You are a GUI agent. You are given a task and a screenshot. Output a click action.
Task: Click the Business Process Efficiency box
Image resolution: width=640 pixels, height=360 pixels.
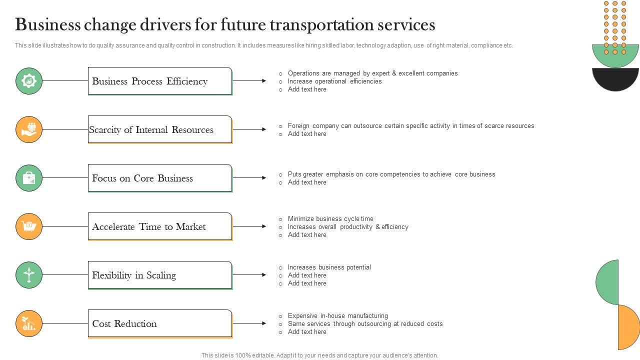click(160, 81)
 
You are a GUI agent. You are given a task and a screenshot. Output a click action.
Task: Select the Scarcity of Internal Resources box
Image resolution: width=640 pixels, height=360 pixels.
click(160, 129)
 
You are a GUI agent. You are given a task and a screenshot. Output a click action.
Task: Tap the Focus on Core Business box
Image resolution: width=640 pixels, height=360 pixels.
click(160, 178)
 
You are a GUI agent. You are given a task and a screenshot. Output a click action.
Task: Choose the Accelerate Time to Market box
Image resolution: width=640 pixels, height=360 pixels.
click(160, 226)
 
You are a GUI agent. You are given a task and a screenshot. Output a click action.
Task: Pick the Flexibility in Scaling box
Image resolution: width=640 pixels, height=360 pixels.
click(160, 275)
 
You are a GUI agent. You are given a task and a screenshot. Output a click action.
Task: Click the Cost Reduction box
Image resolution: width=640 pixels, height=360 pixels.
click(160, 323)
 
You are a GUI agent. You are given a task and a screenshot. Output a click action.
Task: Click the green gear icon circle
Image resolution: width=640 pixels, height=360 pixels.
click(29, 81)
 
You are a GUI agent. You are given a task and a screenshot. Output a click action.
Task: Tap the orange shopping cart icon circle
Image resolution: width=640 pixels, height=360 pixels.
click(29, 226)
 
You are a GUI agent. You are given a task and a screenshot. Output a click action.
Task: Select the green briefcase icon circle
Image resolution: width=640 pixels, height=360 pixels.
click(29, 178)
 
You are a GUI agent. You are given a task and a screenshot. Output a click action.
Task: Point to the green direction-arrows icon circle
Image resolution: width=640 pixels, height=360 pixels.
click(29, 275)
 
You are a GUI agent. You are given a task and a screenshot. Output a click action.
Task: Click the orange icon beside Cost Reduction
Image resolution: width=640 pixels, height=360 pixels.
click(29, 323)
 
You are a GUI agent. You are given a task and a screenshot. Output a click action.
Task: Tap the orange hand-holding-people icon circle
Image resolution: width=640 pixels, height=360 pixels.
click(29, 129)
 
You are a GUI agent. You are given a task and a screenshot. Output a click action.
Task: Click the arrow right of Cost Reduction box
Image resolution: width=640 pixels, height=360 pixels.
click(249, 323)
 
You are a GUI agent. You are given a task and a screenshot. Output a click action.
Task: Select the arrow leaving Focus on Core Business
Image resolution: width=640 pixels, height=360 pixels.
click(249, 178)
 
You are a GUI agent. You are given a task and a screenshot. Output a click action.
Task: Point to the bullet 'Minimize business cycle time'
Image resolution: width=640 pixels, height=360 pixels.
click(330, 218)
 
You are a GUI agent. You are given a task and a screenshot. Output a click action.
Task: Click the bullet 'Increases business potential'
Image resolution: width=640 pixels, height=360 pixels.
click(329, 267)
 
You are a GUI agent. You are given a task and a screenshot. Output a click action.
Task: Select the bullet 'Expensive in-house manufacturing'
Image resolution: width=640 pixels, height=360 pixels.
click(337, 315)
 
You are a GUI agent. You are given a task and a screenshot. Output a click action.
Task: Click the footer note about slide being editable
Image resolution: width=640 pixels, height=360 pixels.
click(319, 355)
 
